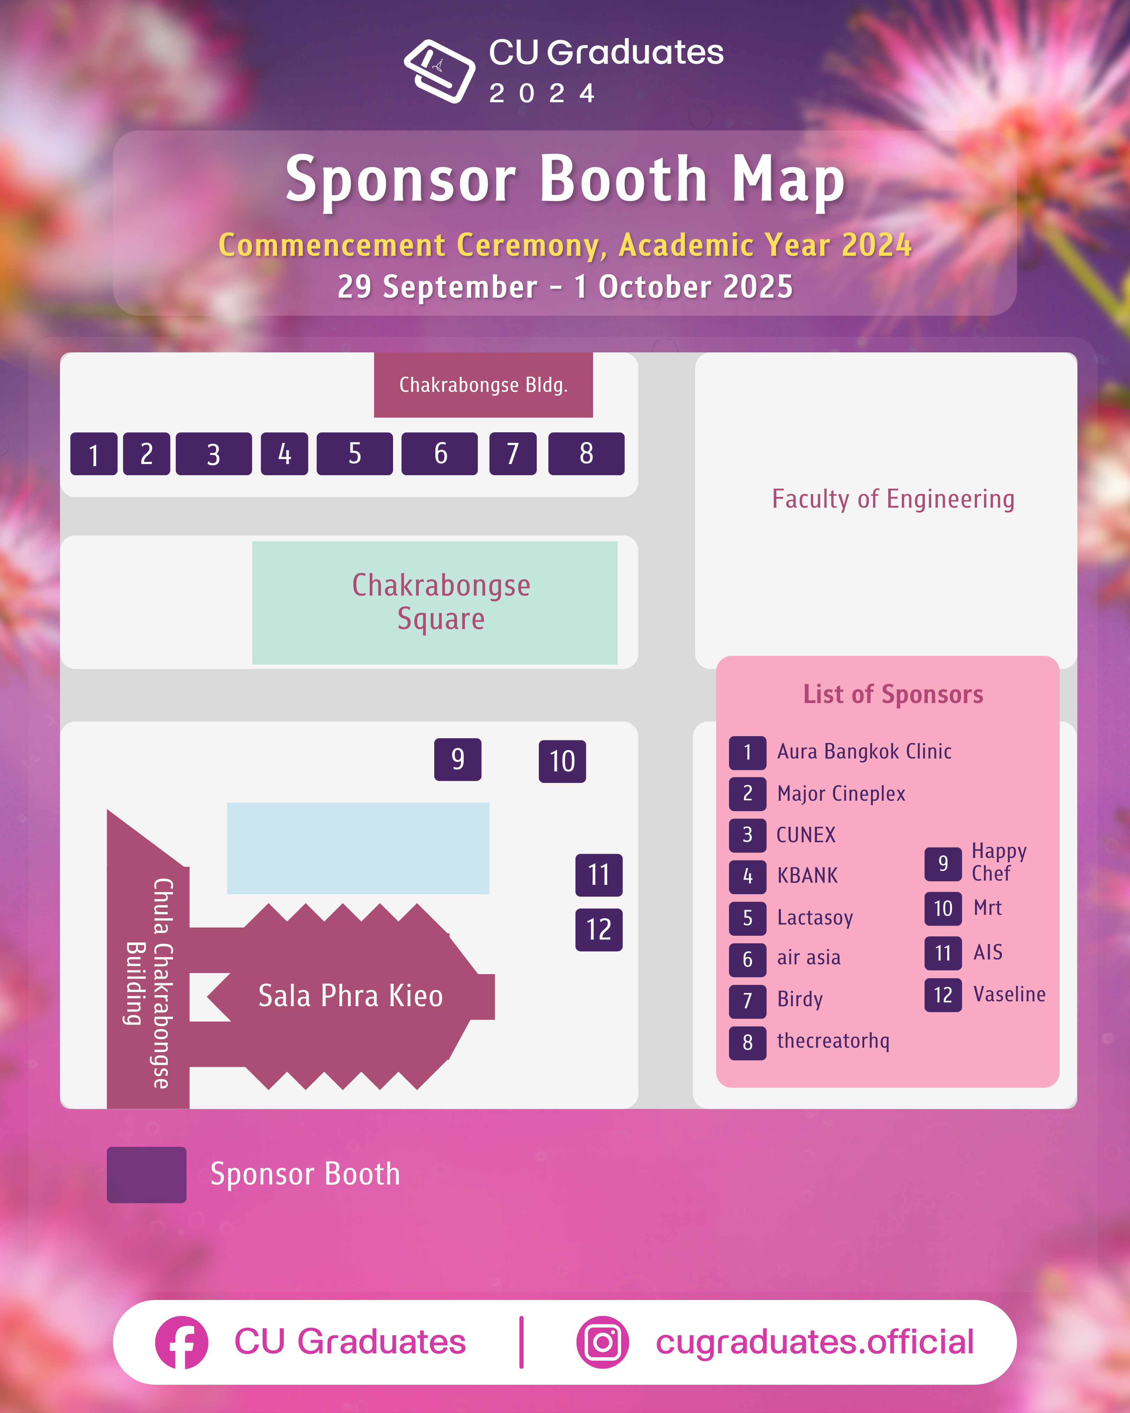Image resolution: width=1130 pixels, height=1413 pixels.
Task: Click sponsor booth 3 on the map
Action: (213, 454)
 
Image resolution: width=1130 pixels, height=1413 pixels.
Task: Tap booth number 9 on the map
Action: (457, 759)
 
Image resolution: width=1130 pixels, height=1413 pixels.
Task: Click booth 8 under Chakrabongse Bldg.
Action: (586, 454)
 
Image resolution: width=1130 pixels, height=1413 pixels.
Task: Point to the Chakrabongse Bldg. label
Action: (483, 385)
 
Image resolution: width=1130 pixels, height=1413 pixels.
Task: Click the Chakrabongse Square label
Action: (441, 601)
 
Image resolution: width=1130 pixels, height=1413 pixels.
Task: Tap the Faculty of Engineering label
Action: (893, 499)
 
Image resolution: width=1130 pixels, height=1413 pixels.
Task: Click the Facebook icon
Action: (181, 1342)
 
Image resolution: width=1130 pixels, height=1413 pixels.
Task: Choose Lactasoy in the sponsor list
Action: (815, 918)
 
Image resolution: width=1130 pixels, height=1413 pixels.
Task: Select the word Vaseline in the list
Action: (1009, 994)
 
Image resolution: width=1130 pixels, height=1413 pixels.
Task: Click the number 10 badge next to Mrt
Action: (943, 909)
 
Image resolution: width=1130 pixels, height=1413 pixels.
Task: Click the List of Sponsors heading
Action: (893, 694)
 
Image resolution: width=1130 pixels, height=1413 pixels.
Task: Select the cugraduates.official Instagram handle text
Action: (814, 1342)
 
